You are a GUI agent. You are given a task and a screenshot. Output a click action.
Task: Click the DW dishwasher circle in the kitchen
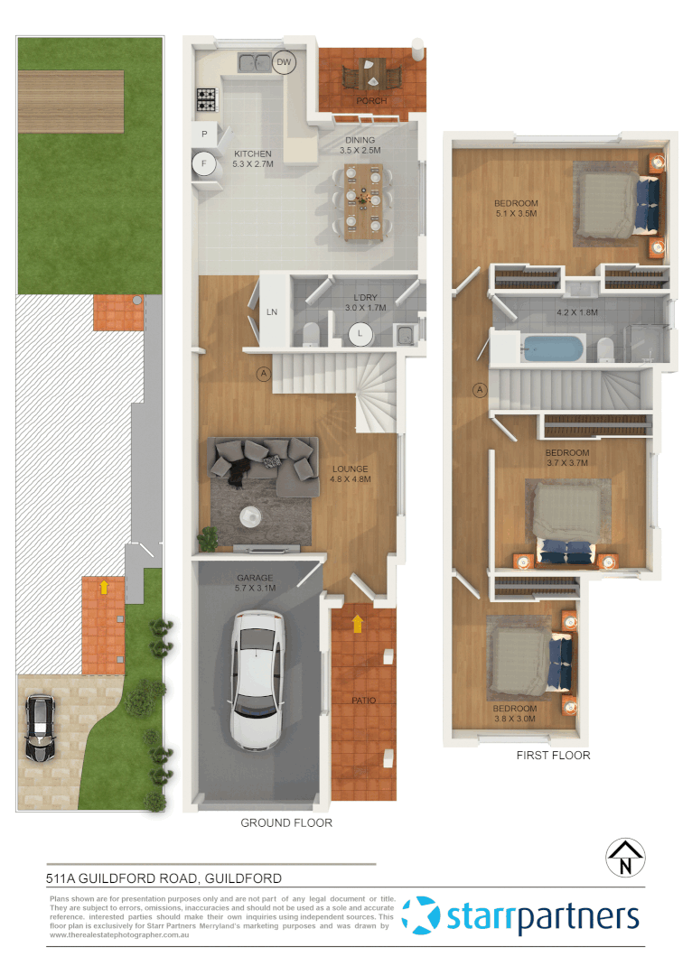click(x=285, y=62)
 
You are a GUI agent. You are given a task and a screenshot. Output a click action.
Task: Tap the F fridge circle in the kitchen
click(x=204, y=164)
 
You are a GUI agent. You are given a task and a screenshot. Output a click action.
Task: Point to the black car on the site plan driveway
click(x=39, y=729)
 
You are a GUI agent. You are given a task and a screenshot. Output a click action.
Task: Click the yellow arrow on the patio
click(x=358, y=623)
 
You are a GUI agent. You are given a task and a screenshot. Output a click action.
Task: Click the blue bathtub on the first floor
click(x=555, y=348)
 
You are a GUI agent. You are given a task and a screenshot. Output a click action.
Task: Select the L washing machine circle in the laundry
click(x=360, y=334)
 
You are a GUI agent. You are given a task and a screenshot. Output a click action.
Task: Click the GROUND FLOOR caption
click(x=286, y=822)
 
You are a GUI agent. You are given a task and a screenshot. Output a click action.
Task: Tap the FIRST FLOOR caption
click(x=553, y=755)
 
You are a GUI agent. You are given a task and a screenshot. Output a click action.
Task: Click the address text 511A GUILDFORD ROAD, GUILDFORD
click(x=164, y=877)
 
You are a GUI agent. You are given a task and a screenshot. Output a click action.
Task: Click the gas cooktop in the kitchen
click(x=206, y=95)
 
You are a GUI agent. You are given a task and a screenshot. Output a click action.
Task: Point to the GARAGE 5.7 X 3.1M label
click(x=255, y=583)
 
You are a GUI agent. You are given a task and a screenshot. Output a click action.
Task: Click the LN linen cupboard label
click(x=270, y=312)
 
